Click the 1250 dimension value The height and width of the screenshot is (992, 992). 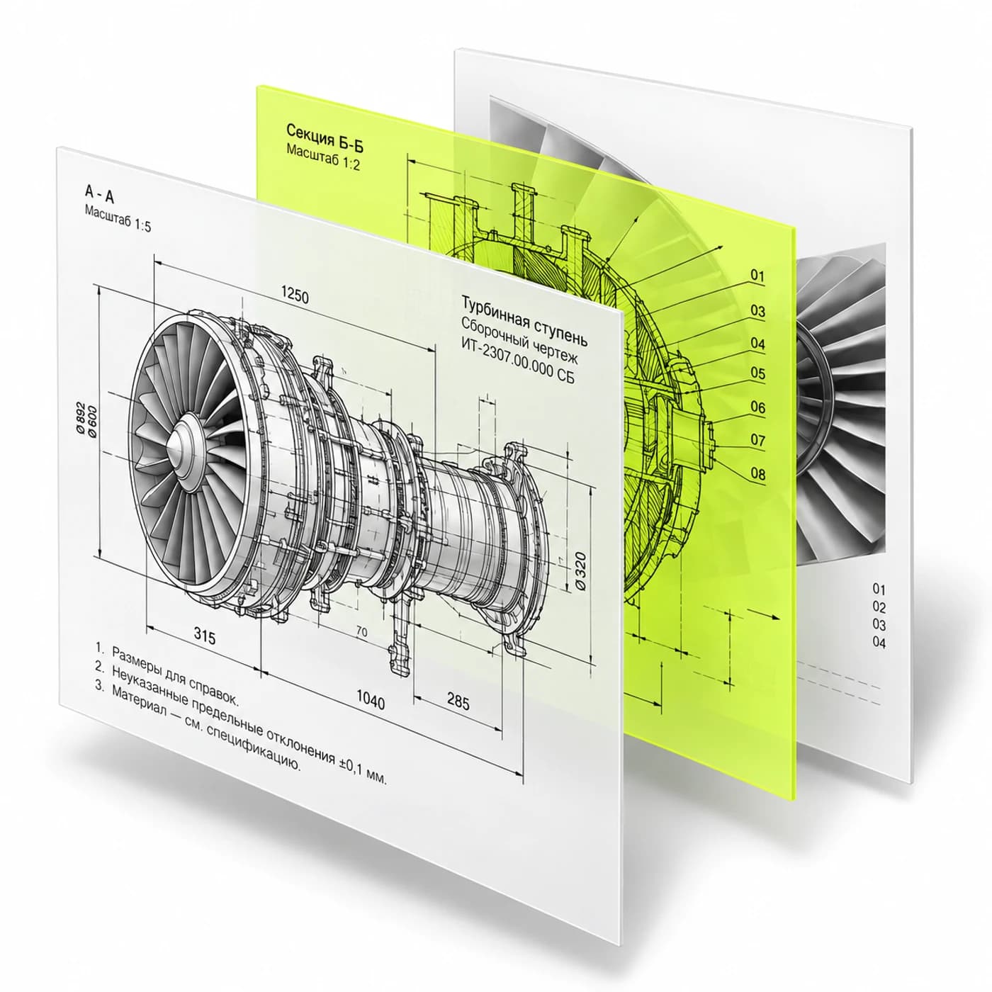pos(295,295)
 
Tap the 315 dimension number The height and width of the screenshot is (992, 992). pos(204,636)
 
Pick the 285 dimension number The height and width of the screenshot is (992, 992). pos(458,701)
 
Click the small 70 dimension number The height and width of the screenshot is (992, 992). pos(361,631)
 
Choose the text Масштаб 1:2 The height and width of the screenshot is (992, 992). pos(323,157)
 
